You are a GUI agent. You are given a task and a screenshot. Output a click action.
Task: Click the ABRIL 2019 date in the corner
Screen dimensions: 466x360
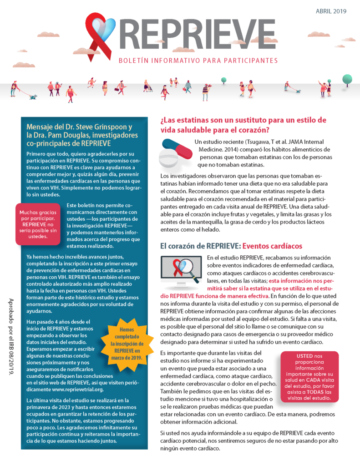[x=331, y=11]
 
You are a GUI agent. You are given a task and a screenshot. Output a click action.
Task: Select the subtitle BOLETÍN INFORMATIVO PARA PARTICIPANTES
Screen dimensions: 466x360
[x=198, y=61]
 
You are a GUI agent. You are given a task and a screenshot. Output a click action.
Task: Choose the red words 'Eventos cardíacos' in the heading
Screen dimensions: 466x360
[x=272, y=246]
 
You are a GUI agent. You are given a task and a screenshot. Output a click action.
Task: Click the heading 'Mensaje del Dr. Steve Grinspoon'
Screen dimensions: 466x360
[x=79, y=127]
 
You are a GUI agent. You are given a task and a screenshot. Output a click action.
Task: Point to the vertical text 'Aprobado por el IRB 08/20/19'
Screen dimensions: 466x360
[x=10, y=337]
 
